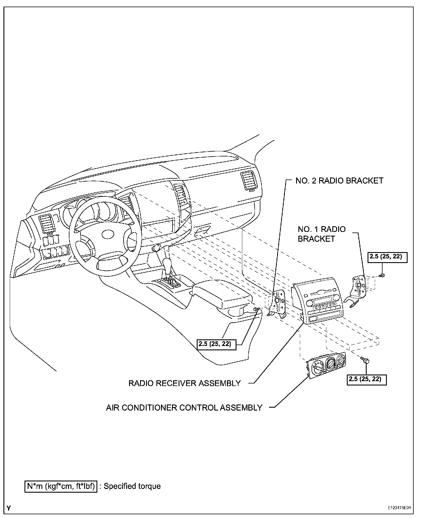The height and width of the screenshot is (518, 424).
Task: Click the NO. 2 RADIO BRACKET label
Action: (x=339, y=181)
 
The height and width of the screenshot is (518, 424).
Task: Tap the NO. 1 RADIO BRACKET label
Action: (x=321, y=234)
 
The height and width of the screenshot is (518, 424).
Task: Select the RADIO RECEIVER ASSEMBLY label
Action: (x=184, y=383)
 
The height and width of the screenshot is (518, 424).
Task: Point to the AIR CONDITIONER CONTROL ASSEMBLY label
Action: (x=184, y=408)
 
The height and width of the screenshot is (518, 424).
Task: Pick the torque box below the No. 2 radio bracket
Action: (x=217, y=344)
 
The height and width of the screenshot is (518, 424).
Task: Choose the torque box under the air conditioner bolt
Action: (x=367, y=379)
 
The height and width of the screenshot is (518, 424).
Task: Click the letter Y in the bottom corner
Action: (x=9, y=508)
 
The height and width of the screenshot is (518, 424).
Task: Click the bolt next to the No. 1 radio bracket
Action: (x=382, y=276)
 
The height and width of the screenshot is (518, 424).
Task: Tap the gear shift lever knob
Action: (x=167, y=262)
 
